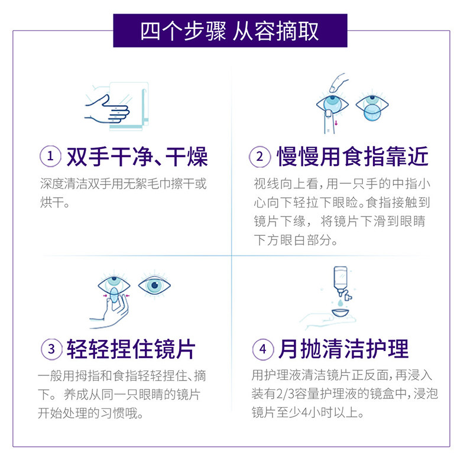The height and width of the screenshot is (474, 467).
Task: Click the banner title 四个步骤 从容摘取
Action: point(229,31)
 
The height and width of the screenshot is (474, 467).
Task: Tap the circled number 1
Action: point(50,156)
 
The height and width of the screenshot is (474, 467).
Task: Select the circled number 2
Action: point(260,157)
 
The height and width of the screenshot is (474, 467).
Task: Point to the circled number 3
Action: point(51,349)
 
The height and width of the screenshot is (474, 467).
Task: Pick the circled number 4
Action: point(263,349)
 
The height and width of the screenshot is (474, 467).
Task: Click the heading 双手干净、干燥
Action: point(137,157)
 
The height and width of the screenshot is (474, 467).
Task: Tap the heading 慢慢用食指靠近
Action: point(353,157)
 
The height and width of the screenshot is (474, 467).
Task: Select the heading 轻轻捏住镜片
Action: point(131,349)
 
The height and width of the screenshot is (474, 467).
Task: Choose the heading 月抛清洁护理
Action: point(343,349)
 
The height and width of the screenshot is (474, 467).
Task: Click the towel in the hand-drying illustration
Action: point(129,106)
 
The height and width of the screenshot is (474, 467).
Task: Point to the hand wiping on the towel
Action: point(108,110)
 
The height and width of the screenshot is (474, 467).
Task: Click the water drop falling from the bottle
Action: point(340,303)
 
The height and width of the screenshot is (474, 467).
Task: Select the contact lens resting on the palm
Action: point(340,313)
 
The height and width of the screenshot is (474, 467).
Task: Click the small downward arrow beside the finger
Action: point(336,123)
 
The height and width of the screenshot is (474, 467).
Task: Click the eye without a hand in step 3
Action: point(154,285)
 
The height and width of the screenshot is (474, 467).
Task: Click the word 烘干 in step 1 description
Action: point(52,202)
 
